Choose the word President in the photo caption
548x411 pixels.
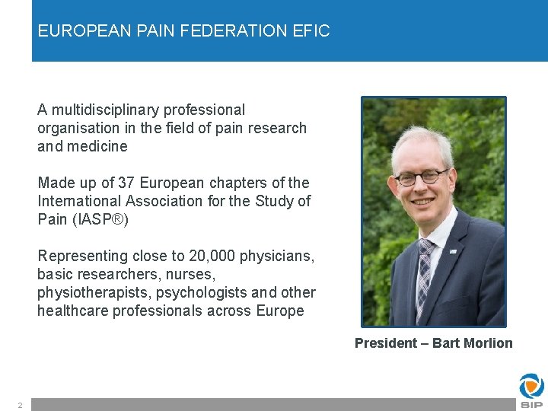384,343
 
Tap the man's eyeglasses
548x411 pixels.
420,177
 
